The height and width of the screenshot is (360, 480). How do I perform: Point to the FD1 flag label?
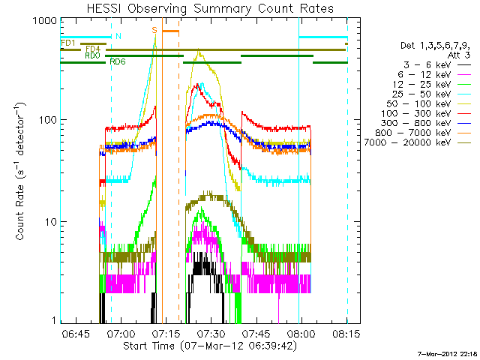tap(67, 43)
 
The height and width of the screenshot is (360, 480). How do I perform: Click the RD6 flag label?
tap(118, 61)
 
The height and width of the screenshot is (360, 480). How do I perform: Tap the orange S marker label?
tap(154, 29)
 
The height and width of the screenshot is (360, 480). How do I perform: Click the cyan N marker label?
tap(118, 36)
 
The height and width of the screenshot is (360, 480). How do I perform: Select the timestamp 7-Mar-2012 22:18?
tap(448, 353)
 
